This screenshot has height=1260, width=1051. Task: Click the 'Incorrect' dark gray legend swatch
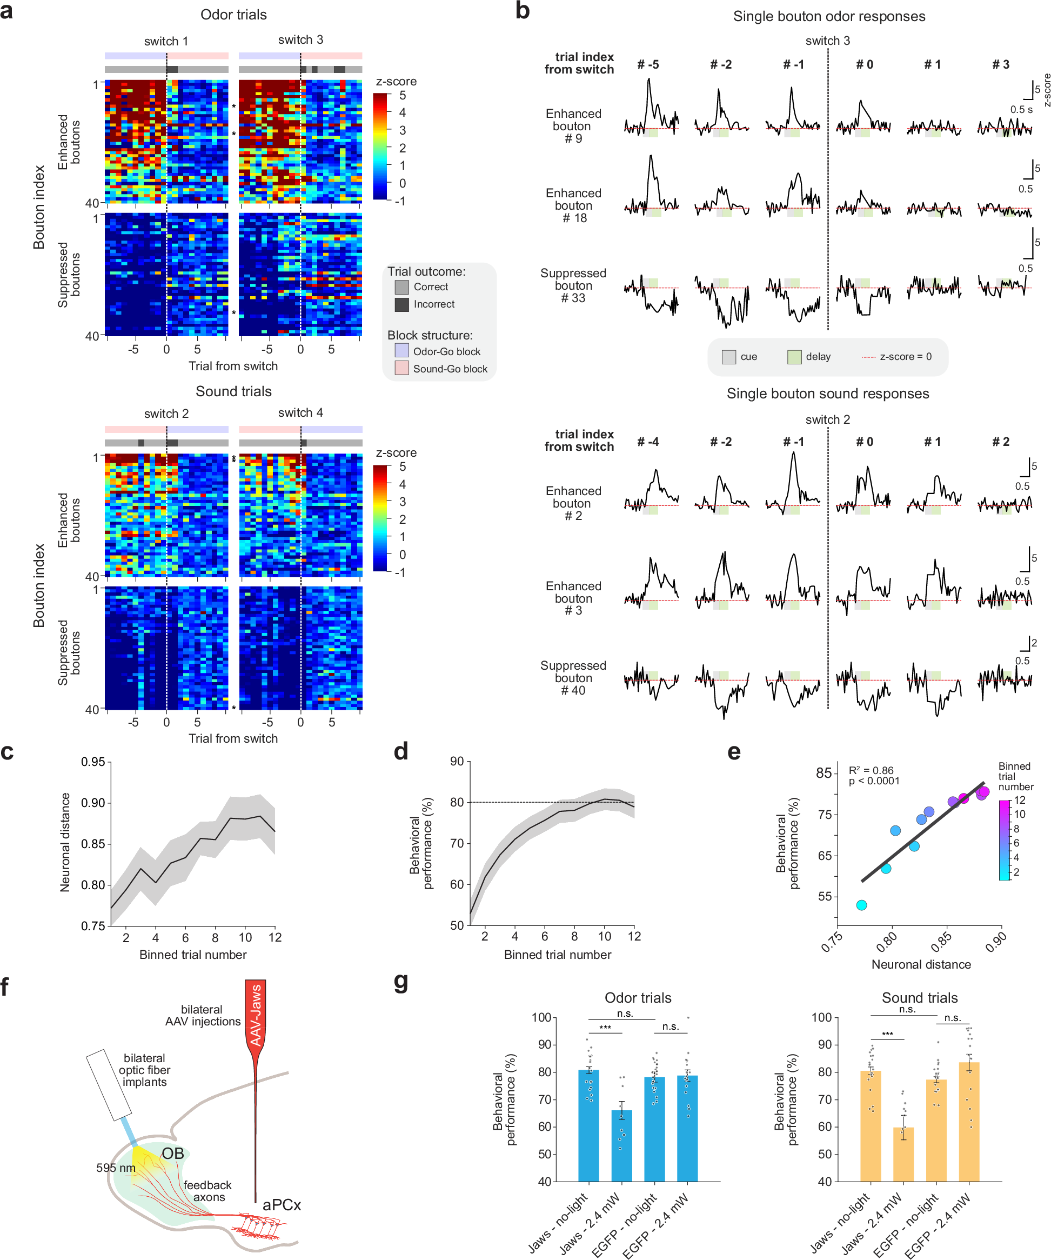401,304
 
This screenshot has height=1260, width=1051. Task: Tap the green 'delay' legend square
794,357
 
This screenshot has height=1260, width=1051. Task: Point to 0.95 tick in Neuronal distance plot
93,762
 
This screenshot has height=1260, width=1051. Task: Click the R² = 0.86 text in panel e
871,770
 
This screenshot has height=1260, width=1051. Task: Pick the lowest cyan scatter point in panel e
861,905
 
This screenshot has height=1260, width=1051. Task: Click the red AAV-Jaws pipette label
256,1015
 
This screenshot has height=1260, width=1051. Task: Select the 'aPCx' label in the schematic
282,1205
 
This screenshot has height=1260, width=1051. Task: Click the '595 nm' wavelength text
116,1168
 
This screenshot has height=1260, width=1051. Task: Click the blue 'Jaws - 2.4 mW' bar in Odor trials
621,1145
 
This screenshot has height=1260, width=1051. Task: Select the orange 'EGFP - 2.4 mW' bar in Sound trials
969,1122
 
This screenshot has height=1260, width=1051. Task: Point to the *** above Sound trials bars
887,1035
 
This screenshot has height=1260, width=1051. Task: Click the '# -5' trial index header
647,64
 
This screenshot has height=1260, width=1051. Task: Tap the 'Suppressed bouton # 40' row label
573,678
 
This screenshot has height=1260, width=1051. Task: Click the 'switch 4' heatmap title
300,413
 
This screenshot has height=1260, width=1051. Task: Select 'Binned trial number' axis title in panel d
557,955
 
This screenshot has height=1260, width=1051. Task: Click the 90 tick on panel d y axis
457,762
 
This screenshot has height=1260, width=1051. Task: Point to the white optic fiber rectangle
109,1085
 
